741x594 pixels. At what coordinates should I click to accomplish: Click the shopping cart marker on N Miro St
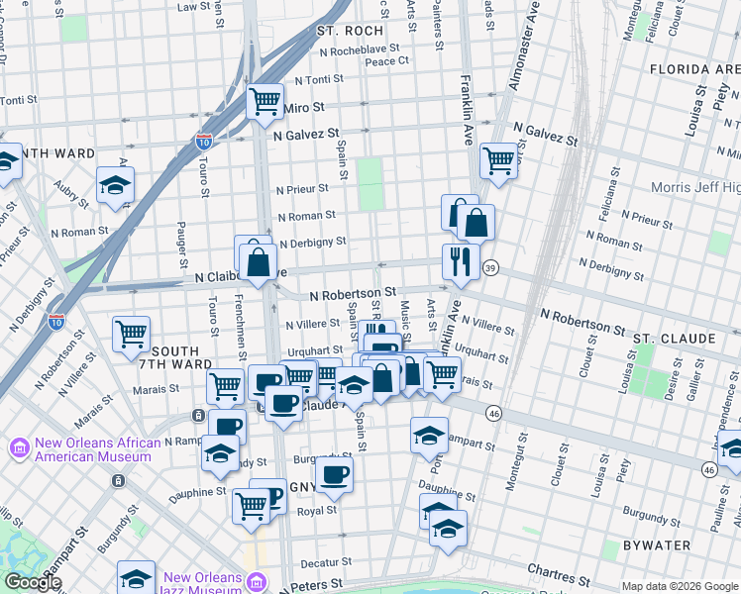click(265, 100)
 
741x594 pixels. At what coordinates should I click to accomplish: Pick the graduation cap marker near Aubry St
click(115, 184)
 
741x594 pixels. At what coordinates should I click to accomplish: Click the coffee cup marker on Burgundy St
click(335, 473)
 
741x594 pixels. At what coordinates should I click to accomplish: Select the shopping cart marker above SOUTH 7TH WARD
click(131, 333)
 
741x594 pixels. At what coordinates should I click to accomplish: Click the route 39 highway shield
click(490, 268)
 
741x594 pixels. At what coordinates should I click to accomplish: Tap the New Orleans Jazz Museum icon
click(258, 580)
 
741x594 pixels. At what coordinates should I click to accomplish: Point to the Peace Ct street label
click(386, 61)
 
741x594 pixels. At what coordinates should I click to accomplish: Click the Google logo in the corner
click(33, 582)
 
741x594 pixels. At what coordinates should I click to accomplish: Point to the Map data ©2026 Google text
click(679, 586)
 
